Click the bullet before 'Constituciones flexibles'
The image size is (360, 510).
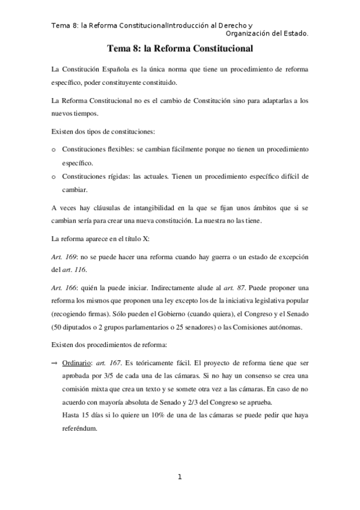[x=54, y=148]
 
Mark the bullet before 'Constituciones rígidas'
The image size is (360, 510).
[x=54, y=177]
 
